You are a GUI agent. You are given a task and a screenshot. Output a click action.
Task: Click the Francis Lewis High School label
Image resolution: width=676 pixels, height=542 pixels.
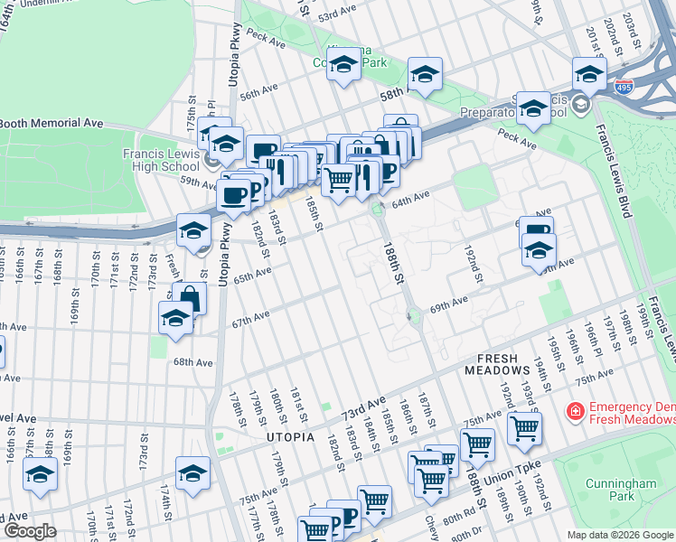click(x=162, y=160)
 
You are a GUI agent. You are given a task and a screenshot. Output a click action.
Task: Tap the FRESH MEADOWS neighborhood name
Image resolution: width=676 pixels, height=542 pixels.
click(x=496, y=364)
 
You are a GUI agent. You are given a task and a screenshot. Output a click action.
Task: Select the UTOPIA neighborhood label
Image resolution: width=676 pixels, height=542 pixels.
click(x=290, y=437)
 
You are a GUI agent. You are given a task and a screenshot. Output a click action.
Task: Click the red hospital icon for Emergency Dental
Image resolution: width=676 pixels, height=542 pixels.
click(x=574, y=412)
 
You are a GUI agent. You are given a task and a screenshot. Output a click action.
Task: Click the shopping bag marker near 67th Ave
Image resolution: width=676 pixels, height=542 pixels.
click(x=191, y=297)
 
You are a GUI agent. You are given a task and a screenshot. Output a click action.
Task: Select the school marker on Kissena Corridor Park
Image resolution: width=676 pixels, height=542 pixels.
click(x=343, y=65)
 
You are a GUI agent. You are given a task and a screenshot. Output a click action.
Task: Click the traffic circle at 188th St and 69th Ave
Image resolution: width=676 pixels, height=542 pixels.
click(x=414, y=317)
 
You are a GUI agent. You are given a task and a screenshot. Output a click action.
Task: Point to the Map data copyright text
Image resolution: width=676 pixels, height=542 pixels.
click(x=619, y=535)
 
